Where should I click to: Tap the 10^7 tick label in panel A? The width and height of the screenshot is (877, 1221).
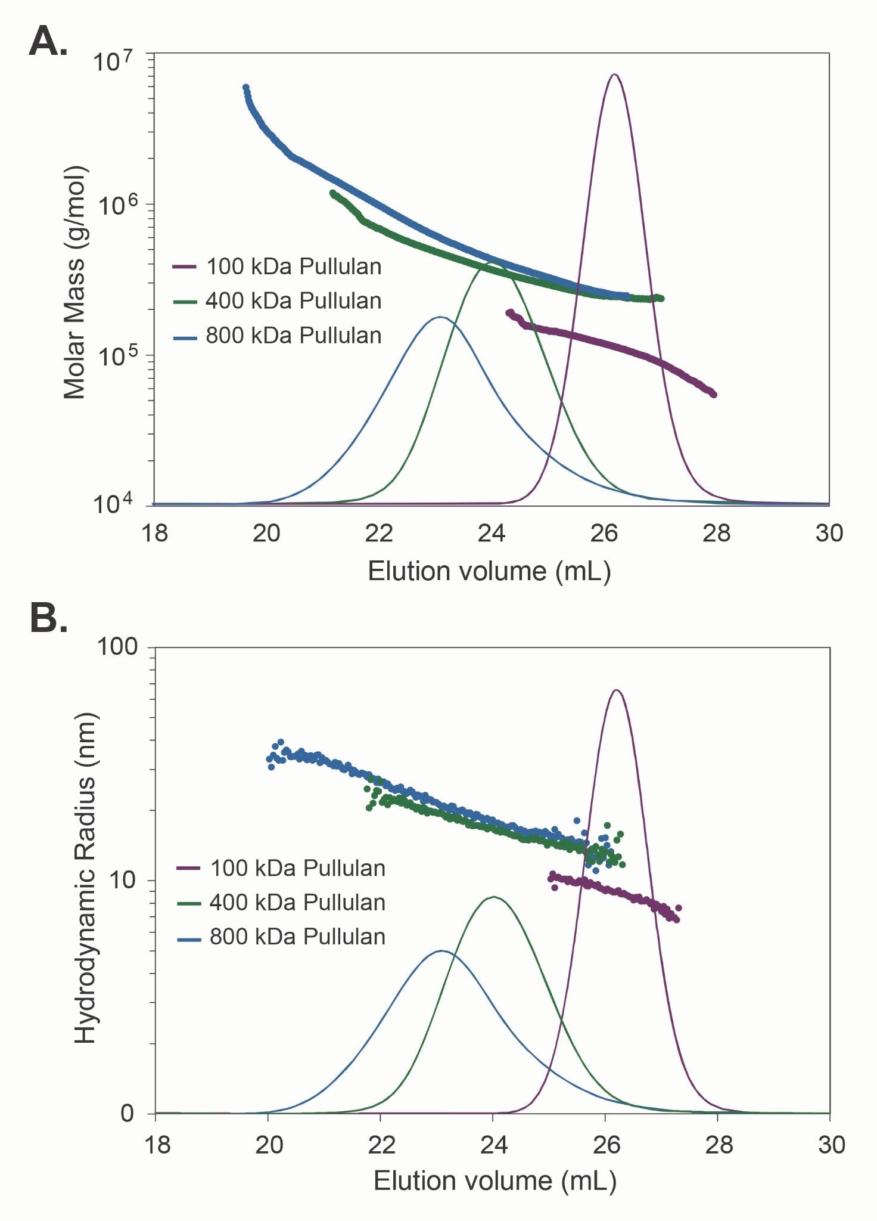pyautogui.click(x=114, y=61)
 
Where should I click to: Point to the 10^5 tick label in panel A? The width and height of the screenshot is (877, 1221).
pyautogui.click(x=114, y=357)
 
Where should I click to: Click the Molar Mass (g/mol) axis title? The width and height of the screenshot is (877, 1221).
pyautogui.click(x=76, y=282)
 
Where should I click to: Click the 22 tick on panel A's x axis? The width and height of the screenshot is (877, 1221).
pyautogui.click(x=379, y=533)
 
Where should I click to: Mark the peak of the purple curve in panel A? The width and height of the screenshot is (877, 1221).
pyautogui.click(x=614, y=75)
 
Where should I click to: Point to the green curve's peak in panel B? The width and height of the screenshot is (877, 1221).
pyautogui.click(x=493, y=897)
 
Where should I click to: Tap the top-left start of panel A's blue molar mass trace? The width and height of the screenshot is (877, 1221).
pyautogui.click(x=246, y=88)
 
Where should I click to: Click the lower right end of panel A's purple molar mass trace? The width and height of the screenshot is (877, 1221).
pyautogui.click(x=713, y=394)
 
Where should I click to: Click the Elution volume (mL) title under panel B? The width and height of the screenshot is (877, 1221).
pyautogui.click(x=495, y=1180)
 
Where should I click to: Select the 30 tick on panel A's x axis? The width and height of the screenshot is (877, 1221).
pyautogui.click(x=829, y=533)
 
